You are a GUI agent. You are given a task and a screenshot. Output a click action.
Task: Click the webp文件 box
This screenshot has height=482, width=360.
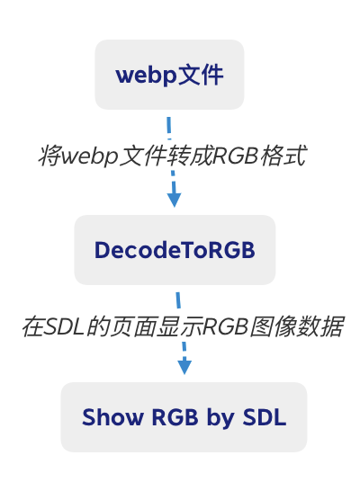pos(169,75)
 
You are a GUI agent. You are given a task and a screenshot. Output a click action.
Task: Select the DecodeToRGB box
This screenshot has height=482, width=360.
pos(175,250)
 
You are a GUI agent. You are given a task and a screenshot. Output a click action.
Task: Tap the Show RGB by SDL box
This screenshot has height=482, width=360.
pos(184,417)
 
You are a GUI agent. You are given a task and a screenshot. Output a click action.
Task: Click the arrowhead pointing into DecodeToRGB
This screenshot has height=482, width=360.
pos(174,201)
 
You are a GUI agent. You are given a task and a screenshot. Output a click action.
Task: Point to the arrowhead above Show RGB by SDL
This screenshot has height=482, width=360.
pos(184,367)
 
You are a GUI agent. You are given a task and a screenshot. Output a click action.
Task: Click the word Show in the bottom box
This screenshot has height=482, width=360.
pos(112,417)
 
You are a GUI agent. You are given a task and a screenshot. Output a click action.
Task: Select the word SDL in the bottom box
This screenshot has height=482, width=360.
pos(265,417)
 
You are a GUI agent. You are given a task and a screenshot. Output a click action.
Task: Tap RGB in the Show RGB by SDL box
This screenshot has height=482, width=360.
pos(175,417)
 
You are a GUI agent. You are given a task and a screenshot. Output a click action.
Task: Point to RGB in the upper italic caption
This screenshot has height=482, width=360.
pos(236,156)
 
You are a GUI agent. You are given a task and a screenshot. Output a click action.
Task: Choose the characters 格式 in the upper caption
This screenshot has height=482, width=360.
pos(283,156)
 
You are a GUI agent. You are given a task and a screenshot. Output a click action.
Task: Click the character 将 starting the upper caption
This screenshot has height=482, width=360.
pos(50,156)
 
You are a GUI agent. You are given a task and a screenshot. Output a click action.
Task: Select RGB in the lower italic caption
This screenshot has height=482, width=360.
pos(226,326)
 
